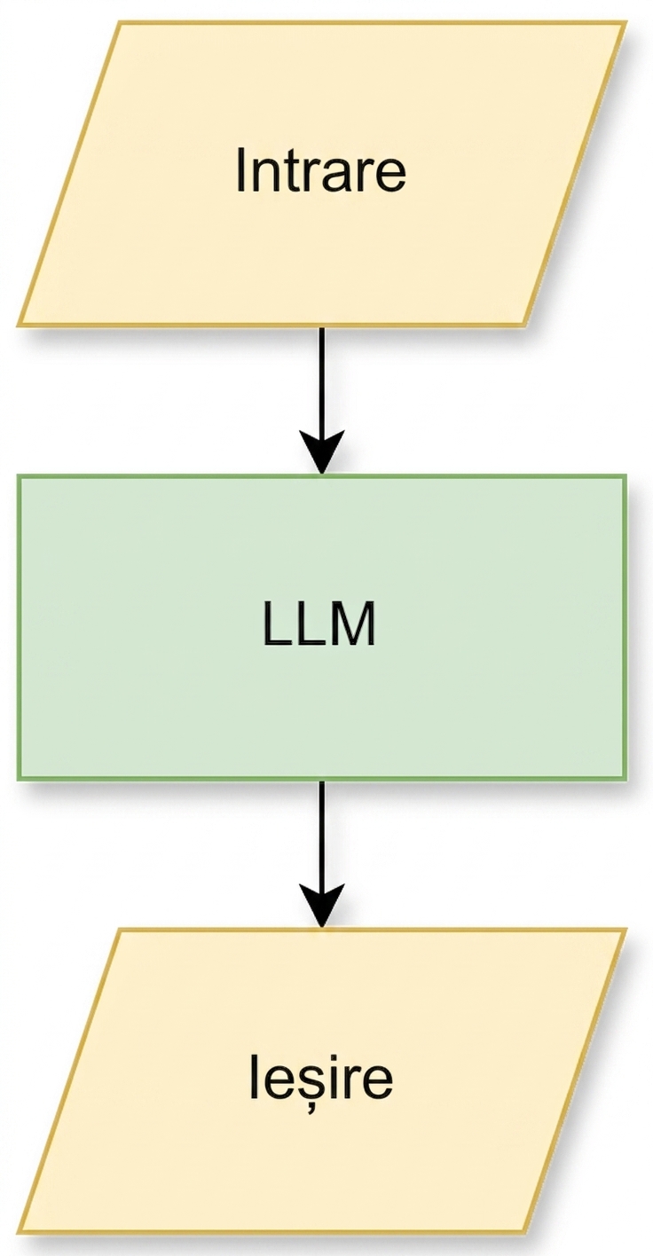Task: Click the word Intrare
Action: [320, 169]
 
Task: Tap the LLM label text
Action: [319, 624]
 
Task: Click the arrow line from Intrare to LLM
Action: [321, 400]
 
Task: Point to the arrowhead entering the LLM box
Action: [321, 452]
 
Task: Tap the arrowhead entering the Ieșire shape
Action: [321, 906]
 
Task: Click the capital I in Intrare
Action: [240, 169]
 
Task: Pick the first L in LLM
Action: [278, 624]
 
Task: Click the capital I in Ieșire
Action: [254, 1077]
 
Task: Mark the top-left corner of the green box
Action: [19, 476]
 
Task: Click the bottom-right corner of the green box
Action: [624, 778]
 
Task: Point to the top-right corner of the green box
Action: [624, 476]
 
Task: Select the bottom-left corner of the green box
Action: [19, 778]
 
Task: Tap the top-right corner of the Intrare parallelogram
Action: [625, 23]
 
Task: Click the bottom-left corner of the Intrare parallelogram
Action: [19, 325]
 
